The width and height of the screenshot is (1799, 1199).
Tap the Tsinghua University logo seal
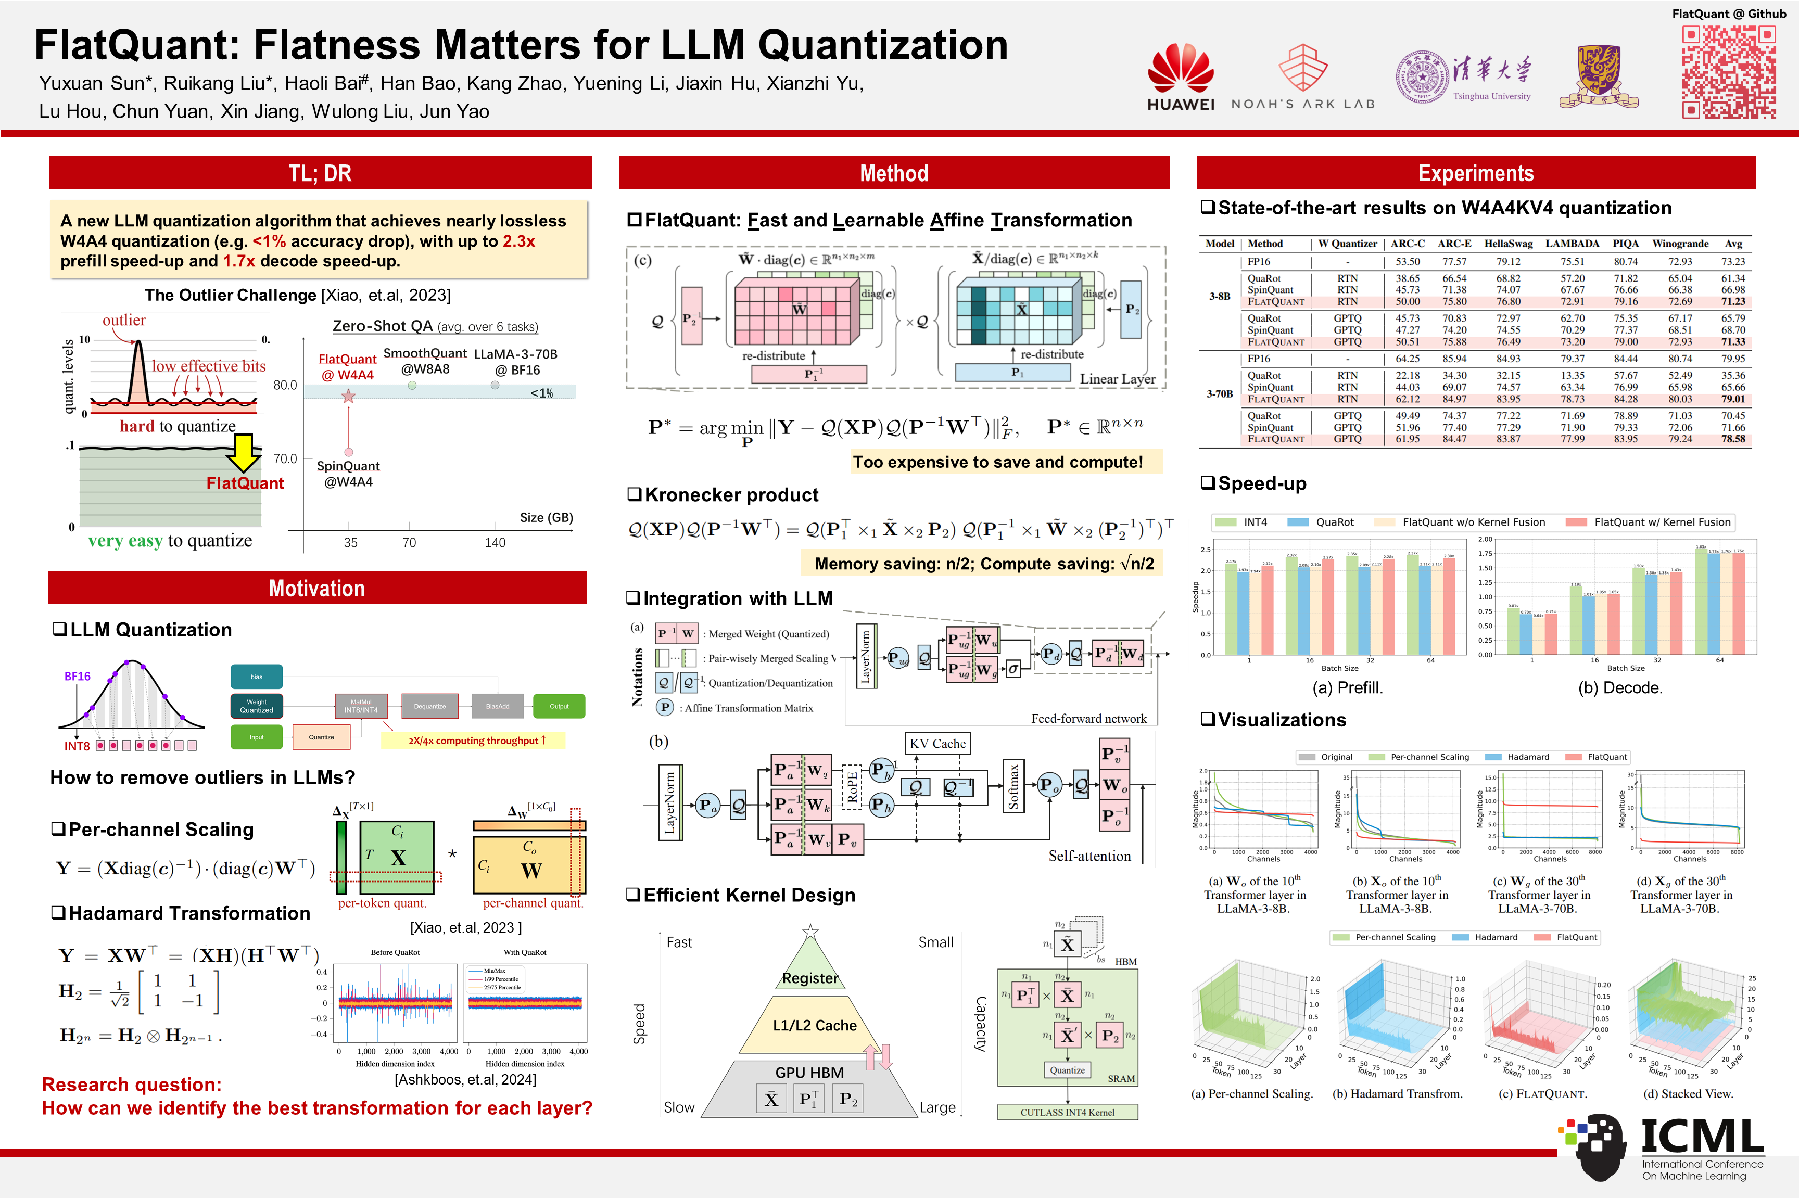(1422, 77)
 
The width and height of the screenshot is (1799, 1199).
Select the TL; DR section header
(320, 173)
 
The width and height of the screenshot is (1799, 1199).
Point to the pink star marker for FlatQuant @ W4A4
(349, 396)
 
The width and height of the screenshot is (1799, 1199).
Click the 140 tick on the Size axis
(495, 542)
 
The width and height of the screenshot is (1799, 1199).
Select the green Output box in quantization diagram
(559, 706)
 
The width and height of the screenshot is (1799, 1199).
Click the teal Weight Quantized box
(256, 706)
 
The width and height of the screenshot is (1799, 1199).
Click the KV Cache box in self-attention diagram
(937, 743)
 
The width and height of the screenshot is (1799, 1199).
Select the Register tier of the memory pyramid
(809, 977)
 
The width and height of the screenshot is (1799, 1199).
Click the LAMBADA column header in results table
(1572, 243)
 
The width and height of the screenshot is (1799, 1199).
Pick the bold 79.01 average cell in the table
(1733, 399)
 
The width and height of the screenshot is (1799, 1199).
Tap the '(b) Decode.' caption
(1620, 687)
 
